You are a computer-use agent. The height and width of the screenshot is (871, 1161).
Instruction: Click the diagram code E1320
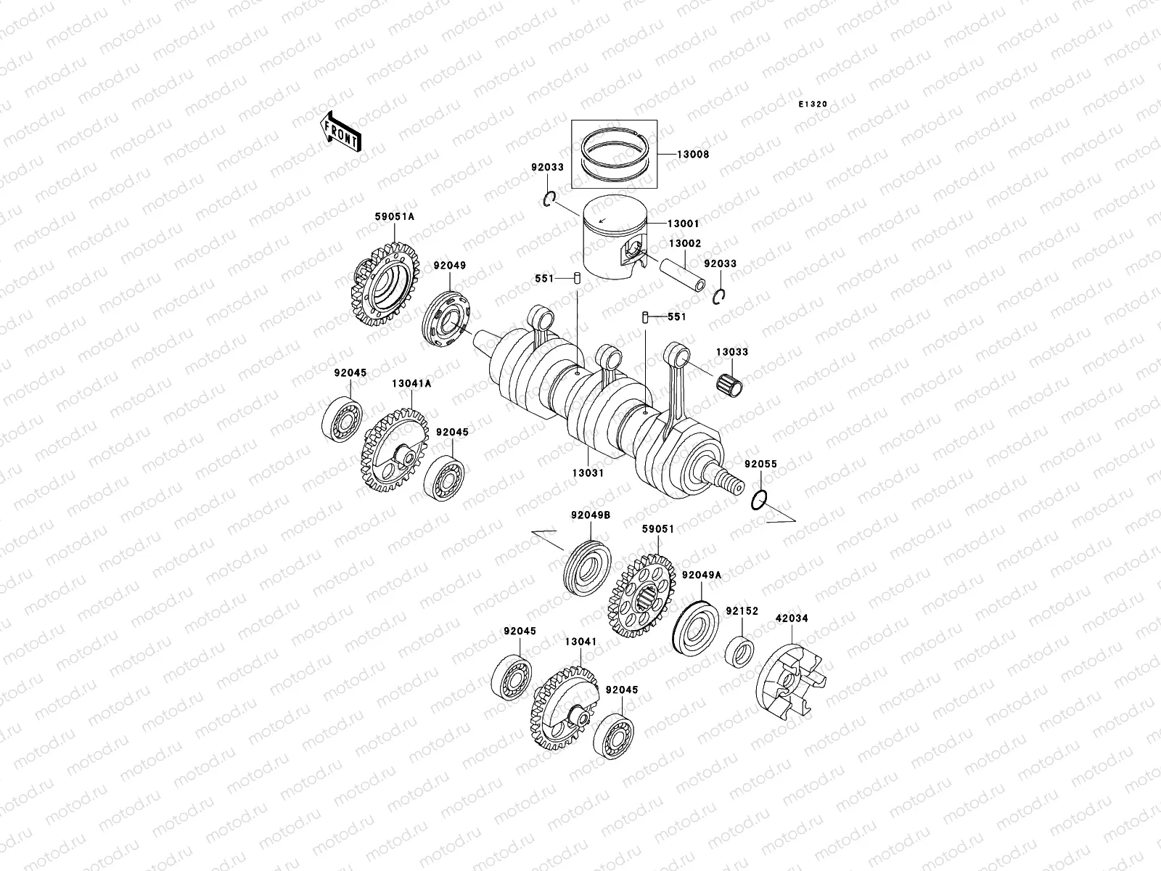pos(813,105)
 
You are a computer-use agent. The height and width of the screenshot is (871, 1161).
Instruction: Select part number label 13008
pos(693,155)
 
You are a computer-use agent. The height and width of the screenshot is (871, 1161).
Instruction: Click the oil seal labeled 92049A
pos(696,626)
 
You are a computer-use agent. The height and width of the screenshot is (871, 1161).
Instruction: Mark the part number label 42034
pos(792,619)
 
